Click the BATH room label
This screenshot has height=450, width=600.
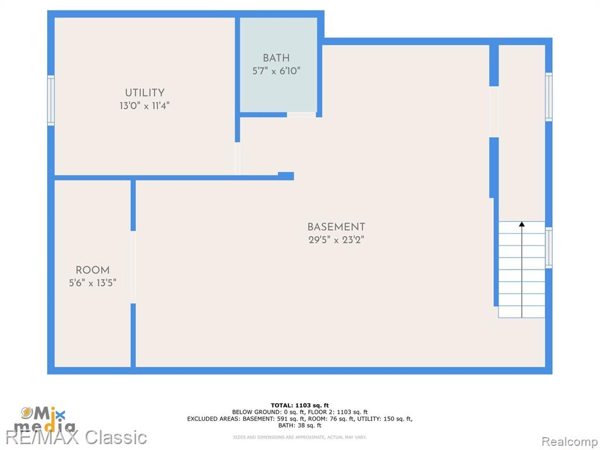pyautogui.click(x=276, y=58)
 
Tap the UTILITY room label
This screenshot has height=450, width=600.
pyautogui.click(x=145, y=93)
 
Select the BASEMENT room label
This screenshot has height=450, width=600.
pyautogui.click(x=336, y=227)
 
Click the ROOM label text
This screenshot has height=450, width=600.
pyautogui.click(x=93, y=270)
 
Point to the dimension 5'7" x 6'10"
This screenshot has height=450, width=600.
pyautogui.click(x=276, y=71)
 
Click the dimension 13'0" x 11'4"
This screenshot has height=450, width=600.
pyautogui.click(x=144, y=105)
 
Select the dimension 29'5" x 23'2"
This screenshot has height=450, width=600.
pyautogui.click(x=336, y=240)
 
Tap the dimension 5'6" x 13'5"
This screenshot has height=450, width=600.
pyautogui.click(x=93, y=283)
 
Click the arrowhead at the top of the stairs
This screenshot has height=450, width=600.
pyautogui.click(x=521, y=224)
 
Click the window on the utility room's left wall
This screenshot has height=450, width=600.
pyautogui.click(x=51, y=100)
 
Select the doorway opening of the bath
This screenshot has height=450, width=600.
pyautogui.click(x=302, y=115)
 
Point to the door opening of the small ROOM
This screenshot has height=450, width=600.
pyautogui.click(x=133, y=267)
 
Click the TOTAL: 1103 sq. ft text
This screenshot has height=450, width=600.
pyautogui.click(x=299, y=405)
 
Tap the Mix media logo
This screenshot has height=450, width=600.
pyautogui.click(x=45, y=420)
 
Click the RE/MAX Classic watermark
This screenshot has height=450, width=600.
pyautogui.click(x=76, y=437)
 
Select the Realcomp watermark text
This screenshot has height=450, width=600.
pyautogui.click(x=569, y=442)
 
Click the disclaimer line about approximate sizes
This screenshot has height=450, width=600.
pyautogui.click(x=299, y=437)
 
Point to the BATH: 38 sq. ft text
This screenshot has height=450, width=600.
pyautogui.click(x=299, y=425)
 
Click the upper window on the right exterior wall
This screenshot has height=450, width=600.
pyautogui.click(x=548, y=97)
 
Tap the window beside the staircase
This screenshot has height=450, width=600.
pyautogui.click(x=548, y=248)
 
